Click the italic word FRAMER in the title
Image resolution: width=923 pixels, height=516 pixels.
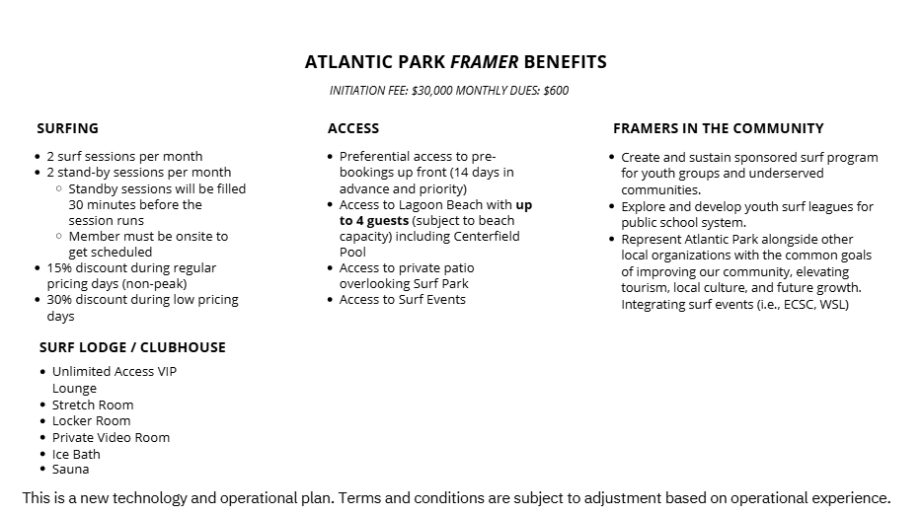pos(484,62)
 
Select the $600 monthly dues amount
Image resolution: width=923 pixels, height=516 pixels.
pos(556,91)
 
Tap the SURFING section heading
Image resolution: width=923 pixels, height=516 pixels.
pos(67,128)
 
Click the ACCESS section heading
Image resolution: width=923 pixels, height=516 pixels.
pos(353,128)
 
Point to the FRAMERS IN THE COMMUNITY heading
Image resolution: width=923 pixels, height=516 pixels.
pos(718,128)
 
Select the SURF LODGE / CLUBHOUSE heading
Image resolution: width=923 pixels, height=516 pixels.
pos(132,347)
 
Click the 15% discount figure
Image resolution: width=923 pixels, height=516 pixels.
pos(58,268)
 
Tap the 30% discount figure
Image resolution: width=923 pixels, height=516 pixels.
pos(58,300)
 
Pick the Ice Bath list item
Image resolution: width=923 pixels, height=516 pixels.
pos(76,455)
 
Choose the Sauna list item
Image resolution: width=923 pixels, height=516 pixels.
pos(71,471)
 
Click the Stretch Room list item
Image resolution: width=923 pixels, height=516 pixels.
pos(93,405)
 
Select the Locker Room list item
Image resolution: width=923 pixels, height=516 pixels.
pos(92,421)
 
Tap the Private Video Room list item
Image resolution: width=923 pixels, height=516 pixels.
pos(111,438)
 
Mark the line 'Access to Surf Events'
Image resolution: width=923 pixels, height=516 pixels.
pos(403,300)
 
